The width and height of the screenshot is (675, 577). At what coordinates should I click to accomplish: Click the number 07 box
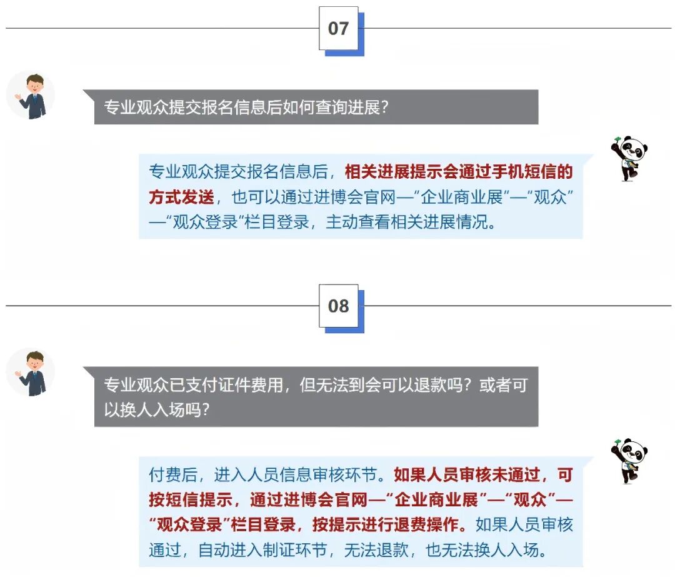339,28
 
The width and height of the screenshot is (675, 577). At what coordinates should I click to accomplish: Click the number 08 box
339,306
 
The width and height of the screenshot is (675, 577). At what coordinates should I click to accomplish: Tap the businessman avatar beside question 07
31,95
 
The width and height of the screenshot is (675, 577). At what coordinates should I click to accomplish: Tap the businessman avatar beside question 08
31,372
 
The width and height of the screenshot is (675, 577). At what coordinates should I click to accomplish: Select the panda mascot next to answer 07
629,158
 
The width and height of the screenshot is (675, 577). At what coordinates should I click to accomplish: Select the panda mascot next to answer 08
629,461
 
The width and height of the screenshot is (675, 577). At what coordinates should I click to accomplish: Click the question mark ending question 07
384,108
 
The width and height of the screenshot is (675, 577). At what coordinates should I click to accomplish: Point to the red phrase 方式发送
182,197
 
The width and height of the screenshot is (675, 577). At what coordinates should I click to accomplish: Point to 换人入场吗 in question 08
161,409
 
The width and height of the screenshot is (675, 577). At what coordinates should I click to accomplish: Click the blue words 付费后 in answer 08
174,475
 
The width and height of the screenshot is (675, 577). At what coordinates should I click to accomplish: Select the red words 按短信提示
190,500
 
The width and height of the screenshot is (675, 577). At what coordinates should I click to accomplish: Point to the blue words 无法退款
376,550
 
